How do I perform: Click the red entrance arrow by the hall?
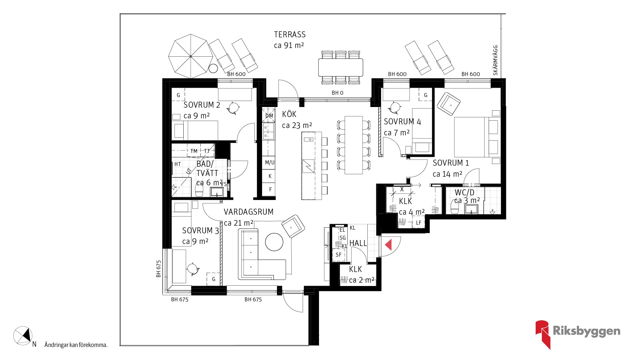389,245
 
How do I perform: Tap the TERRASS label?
290,35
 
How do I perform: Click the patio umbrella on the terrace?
190,56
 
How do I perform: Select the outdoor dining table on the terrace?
341,67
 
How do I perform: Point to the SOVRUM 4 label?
402,122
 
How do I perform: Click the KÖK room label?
289,114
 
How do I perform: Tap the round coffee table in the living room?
274,242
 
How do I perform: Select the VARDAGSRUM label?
249,212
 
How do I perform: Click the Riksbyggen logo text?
587,331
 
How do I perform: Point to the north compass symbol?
23,336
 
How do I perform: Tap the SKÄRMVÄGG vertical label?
495,60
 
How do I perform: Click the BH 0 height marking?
337,93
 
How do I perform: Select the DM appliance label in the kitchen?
269,116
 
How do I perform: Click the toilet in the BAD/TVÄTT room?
199,190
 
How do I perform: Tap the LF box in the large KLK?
419,223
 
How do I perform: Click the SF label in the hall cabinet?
339,255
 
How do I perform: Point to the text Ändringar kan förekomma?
76,345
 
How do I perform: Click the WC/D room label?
464,192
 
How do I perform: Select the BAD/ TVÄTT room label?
207,169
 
